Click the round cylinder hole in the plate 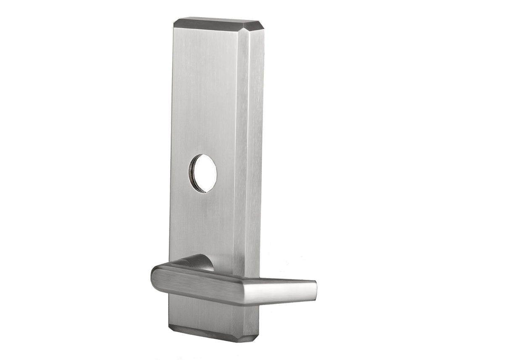(203, 173)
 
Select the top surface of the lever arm (252, 278)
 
